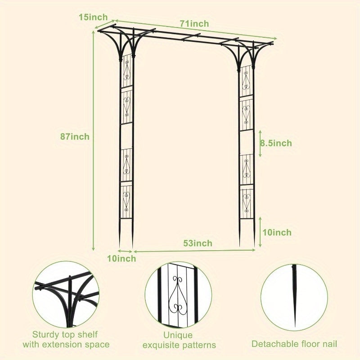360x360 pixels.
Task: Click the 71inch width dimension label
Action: coord(194,24)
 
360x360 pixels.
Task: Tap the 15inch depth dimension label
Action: coord(93,17)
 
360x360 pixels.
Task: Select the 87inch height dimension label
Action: coord(75,137)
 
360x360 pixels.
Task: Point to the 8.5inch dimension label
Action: coord(276,143)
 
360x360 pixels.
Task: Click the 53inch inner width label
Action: coord(198,243)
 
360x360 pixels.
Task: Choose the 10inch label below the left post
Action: coord(121,258)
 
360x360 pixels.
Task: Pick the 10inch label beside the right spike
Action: coord(277,232)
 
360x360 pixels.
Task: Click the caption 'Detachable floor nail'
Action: coord(294,344)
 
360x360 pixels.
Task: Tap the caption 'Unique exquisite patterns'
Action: coord(179,340)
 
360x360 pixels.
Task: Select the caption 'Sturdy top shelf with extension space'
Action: coord(66,339)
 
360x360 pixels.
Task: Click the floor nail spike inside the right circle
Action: coord(295,296)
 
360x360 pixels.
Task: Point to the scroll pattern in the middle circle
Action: coord(178,296)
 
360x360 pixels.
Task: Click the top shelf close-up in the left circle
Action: coord(66,295)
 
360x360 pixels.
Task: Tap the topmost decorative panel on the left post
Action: coord(127,71)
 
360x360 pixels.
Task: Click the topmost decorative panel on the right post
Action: coord(246,81)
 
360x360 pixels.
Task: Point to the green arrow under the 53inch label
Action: coord(194,251)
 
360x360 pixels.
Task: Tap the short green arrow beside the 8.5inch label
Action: coord(260,144)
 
